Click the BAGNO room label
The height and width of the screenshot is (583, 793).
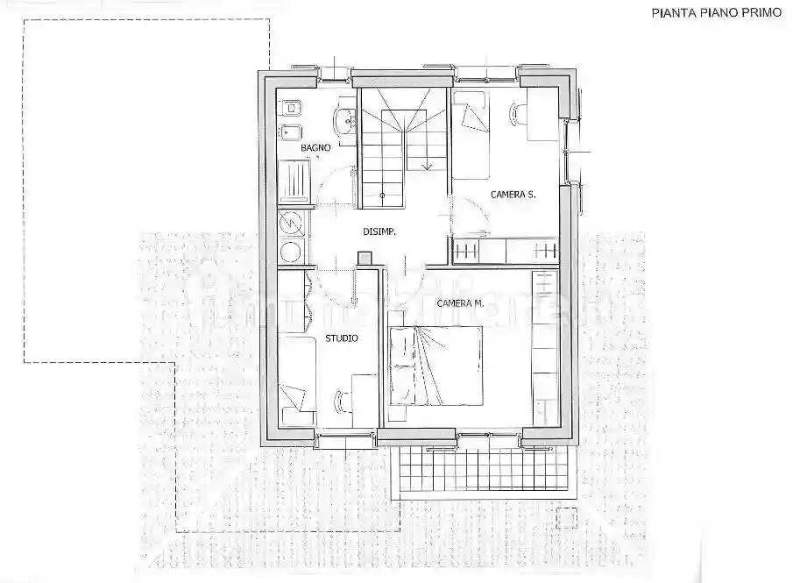pyautogui.click(x=315, y=148)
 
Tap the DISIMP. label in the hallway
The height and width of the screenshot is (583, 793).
pyautogui.click(x=380, y=232)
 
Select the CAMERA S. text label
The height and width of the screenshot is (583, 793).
pyautogui.click(x=513, y=195)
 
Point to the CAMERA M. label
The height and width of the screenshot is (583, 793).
pyautogui.click(x=461, y=302)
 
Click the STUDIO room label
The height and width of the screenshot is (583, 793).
pyautogui.click(x=341, y=338)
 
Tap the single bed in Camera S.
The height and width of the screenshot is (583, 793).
pyautogui.click(x=474, y=133)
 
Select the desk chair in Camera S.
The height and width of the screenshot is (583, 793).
pyautogui.click(x=516, y=112)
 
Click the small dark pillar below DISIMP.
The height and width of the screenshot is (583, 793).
pyautogui.click(x=365, y=258)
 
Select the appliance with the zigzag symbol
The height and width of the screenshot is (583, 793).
pyautogui.click(x=293, y=225)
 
